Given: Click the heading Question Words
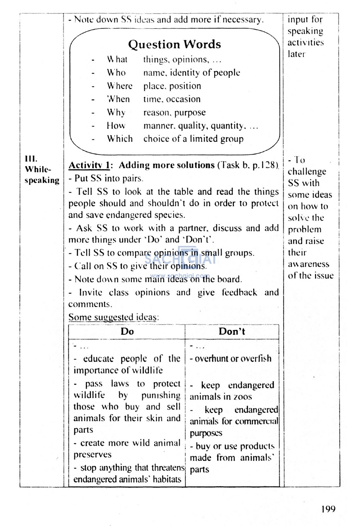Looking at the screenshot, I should pos(174,44).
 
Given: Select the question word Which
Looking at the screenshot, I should pos(120,139).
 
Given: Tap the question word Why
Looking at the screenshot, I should pos(116,113).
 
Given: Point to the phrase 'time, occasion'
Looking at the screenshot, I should pos(172,99).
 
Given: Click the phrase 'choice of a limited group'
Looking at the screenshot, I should pos(193,139).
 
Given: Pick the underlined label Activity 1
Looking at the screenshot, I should pos(90,165).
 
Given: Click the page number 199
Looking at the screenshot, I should pos(328,509).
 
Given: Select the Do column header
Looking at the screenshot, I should pos(127,331).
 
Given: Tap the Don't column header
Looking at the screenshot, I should pos(232,331).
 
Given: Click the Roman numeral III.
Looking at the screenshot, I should pos(31,158).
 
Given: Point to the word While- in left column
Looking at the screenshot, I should pos(38,169).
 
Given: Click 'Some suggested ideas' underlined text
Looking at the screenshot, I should pos(113,317).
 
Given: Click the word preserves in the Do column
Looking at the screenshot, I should pos(92,455).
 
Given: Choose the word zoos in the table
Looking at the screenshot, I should pos(243,397).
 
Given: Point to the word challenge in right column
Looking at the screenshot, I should pos(307,172).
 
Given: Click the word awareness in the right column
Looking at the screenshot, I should pos(309,264).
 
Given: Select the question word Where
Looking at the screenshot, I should pos(120,86).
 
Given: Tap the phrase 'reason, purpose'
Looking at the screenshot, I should pos(174,113).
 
